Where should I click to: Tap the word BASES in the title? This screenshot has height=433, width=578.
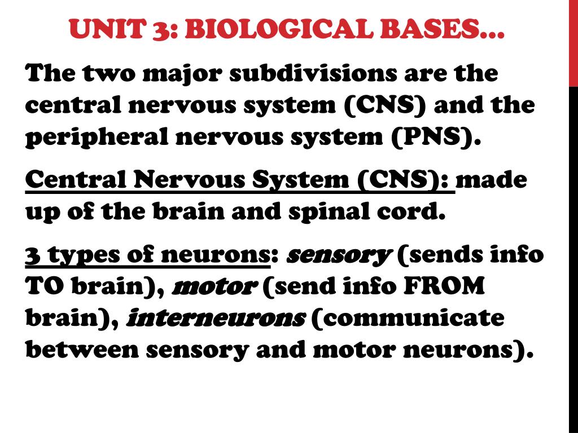pos(430,29)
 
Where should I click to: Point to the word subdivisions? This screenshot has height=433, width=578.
pos(313,73)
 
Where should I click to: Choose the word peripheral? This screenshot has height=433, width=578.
pos(96,137)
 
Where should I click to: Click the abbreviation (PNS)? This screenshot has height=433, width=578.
pos(436,137)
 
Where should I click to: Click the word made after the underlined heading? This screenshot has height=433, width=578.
pos(492,180)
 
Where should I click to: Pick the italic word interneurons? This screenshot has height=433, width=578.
pos(216,318)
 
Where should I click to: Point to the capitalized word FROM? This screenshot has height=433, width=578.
pos(444,286)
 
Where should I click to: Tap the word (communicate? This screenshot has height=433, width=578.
pos(408,319)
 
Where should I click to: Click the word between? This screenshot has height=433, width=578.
pos(82,349)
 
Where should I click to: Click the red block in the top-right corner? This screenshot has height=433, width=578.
pos(573,43)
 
